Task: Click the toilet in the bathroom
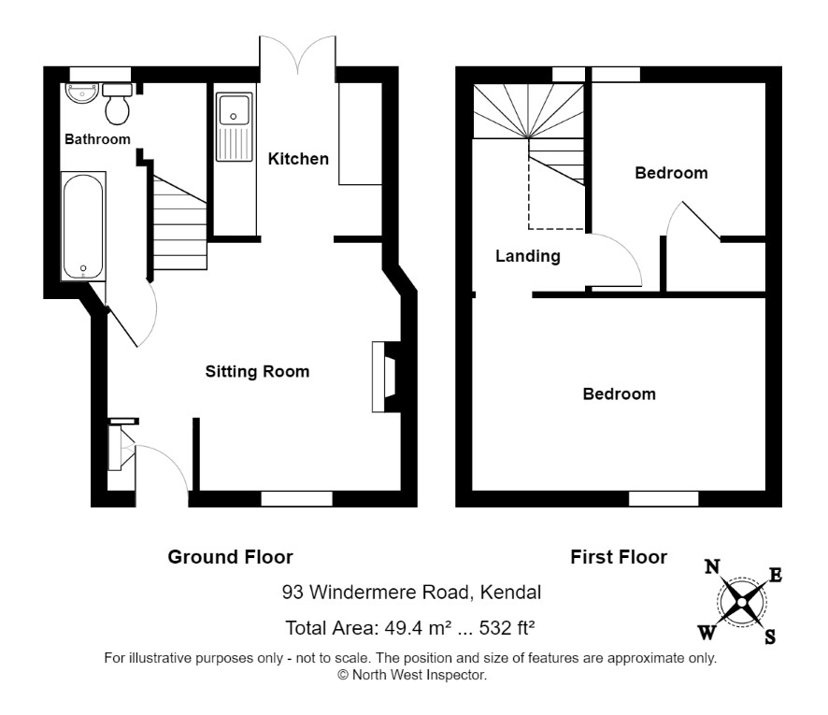[x=117, y=104]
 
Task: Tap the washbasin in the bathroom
[x=82, y=93]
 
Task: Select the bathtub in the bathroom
[x=83, y=226]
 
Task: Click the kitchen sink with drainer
[x=234, y=127]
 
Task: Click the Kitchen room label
[x=298, y=159]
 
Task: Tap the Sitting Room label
[x=257, y=372]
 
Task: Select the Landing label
[x=527, y=257]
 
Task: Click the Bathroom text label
[x=97, y=139]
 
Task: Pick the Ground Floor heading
[x=230, y=557]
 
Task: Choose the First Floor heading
[x=619, y=557]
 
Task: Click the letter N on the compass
[x=712, y=567]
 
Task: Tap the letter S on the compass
[x=770, y=637]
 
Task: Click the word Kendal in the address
[x=510, y=593]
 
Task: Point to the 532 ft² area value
[x=507, y=628]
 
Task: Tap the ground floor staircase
[x=179, y=222]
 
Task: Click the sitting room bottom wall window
[x=297, y=498]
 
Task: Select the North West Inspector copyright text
[x=412, y=675]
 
